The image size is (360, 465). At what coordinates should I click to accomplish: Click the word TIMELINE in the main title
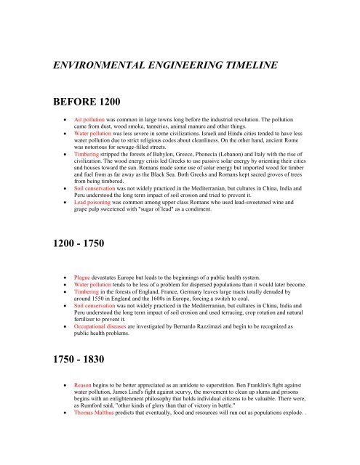[241, 65]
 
